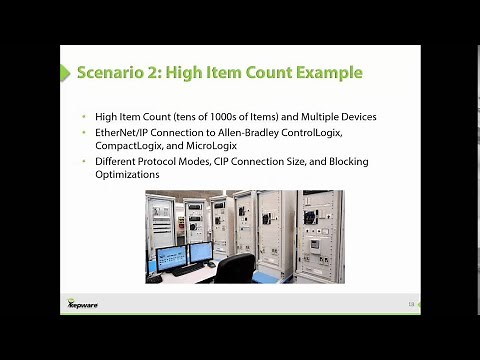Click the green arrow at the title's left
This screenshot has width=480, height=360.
point(68,73)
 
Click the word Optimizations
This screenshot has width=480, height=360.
point(127,175)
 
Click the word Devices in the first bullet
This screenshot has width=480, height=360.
point(354,117)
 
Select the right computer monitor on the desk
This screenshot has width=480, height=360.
point(199,252)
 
